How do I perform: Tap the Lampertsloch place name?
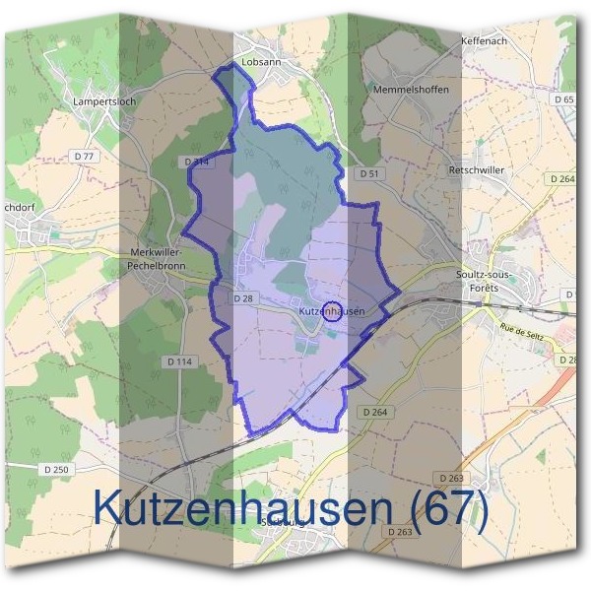coord(102,100)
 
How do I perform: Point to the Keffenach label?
coord(483,42)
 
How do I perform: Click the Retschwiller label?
coord(476,169)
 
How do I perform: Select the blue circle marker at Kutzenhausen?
coord(333,311)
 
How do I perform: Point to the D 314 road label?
coord(197,161)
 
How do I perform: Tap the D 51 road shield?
coord(369,173)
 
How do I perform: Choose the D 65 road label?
coord(563,99)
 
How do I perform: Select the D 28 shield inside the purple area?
coord(244,297)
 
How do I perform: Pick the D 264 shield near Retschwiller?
coord(563,178)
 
